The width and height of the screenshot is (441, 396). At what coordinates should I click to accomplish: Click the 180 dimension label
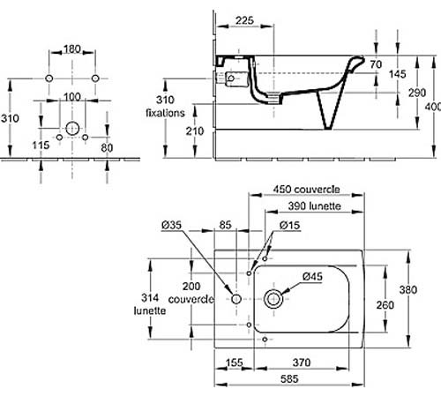point(72,49)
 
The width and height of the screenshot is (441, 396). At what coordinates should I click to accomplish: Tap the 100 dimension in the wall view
point(72,97)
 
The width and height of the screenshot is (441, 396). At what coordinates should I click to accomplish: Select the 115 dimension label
point(41,145)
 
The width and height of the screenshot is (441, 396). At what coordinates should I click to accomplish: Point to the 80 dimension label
point(107,147)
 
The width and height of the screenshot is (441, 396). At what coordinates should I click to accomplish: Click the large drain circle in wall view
point(72,129)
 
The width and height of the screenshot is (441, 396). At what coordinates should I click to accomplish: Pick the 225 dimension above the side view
point(244,20)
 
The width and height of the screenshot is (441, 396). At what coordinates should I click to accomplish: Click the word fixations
point(165,113)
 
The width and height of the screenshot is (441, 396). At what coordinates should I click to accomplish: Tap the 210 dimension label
point(195,131)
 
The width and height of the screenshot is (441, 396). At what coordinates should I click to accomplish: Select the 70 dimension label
point(376,64)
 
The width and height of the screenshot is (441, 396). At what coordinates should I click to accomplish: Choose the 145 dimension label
point(397,74)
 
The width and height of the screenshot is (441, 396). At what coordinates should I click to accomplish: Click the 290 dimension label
point(417,93)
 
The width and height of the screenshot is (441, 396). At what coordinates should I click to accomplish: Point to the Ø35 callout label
point(172,225)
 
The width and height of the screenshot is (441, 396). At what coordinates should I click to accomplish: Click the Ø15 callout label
point(290,225)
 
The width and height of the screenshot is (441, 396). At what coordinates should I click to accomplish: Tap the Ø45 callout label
point(312,276)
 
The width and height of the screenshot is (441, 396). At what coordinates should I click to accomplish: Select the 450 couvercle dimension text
point(306,189)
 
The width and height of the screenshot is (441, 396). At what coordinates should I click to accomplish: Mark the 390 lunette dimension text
point(314,205)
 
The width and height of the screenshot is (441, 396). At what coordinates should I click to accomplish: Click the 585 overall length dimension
point(289,379)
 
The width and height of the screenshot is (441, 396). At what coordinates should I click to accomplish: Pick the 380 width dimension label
point(408,290)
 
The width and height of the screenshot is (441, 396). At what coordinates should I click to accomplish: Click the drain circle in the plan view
point(273,299)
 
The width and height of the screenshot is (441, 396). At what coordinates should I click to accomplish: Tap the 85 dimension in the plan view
point(225,225)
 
